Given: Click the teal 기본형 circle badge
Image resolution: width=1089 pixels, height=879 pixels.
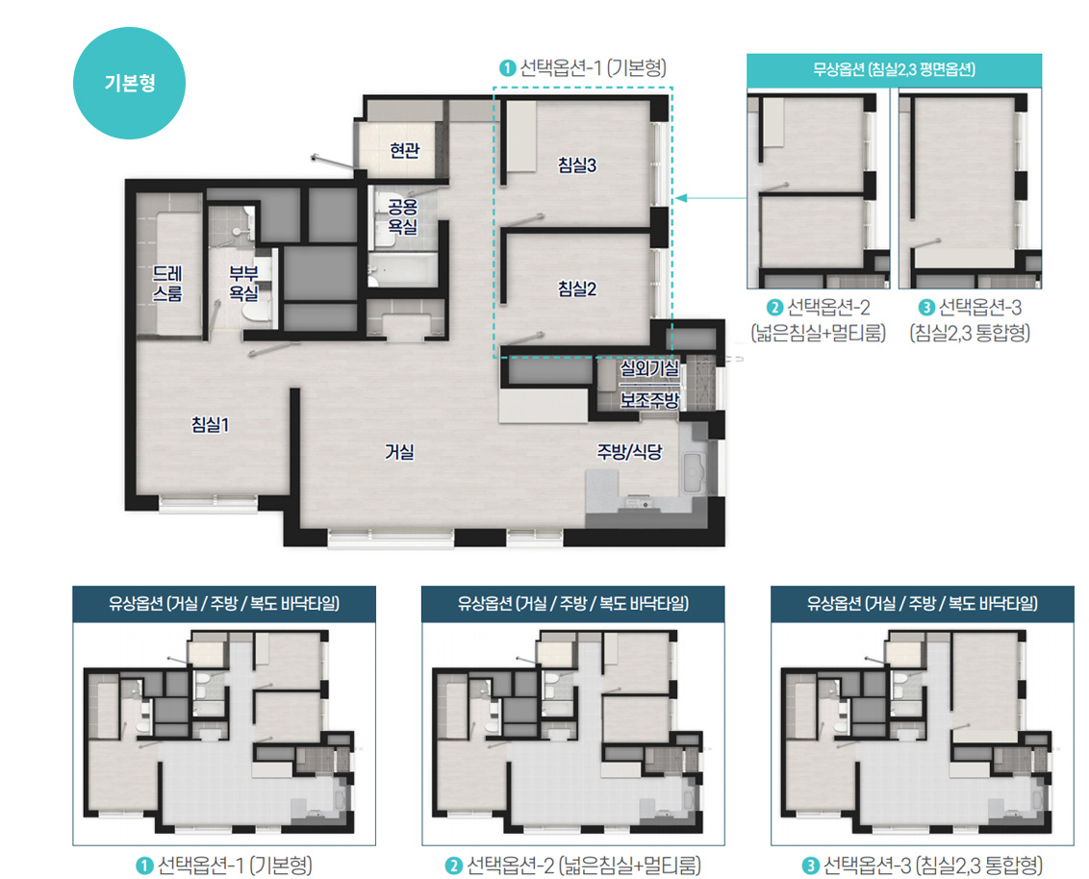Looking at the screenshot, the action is click(x=129, y=84).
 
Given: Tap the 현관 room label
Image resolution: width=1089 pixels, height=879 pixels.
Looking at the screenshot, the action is click(x=405, y=150).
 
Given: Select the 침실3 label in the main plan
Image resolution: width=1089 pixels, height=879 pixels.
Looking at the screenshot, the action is click(x=577, y=165).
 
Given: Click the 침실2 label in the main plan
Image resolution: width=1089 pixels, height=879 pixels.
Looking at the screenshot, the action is click(x=577, y=289).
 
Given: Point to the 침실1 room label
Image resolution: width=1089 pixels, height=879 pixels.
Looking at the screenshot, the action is click(x=211, y=424).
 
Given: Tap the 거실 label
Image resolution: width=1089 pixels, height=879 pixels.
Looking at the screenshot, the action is click(x=399, y=452).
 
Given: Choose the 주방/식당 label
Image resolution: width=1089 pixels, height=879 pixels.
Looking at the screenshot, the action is click(x=629, y=452).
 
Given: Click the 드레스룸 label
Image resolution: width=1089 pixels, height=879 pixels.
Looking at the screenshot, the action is click(x=167, y=284).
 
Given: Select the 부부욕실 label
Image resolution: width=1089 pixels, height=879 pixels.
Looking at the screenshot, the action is click(x=243, y=284).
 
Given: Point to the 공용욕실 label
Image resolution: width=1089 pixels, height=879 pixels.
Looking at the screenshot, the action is click(x=403, y=216).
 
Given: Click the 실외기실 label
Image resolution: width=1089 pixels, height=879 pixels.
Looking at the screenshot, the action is click(x=649, y=368).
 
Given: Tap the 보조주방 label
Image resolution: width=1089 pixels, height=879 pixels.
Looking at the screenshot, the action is click(x=649, y=400).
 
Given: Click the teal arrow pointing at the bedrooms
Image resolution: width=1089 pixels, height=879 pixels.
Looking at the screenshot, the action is click(x=711, y=198).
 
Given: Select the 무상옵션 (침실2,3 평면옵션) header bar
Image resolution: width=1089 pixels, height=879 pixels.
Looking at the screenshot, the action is click(x=895, y=70).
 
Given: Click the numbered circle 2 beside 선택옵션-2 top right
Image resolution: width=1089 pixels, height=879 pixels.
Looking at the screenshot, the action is click(x=774, y=308).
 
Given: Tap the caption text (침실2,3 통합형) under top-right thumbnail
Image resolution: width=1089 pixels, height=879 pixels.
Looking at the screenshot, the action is click(x=970, y=334).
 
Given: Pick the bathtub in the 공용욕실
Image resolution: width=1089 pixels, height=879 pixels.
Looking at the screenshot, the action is click(x=403, y=269).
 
